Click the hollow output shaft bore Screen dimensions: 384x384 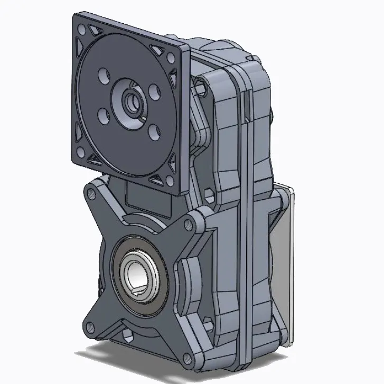coord(138,273)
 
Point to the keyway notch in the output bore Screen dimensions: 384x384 coord(138,287)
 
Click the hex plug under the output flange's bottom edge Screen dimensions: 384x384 coord(128,334)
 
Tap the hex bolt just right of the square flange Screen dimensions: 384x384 coord(200,85)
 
